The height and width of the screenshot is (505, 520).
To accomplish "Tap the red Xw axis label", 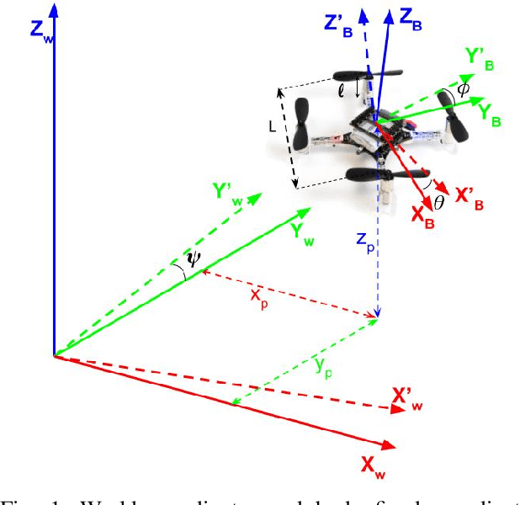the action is pyautogui.click(x=373, y=464).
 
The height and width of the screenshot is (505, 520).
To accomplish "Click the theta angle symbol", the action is pyautogui.click(x=438, y=202).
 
